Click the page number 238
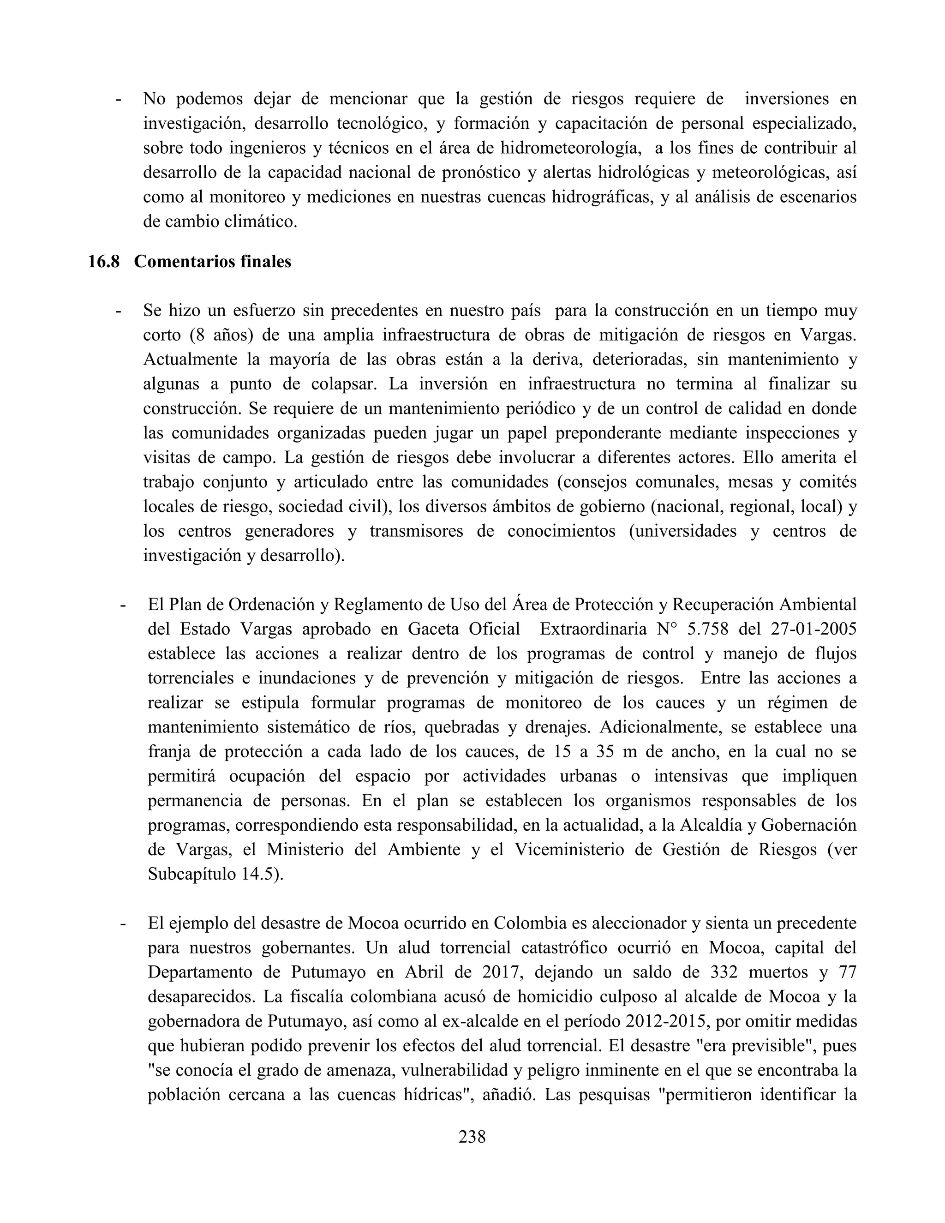coord(472,1136)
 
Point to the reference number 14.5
coord(262,874)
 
